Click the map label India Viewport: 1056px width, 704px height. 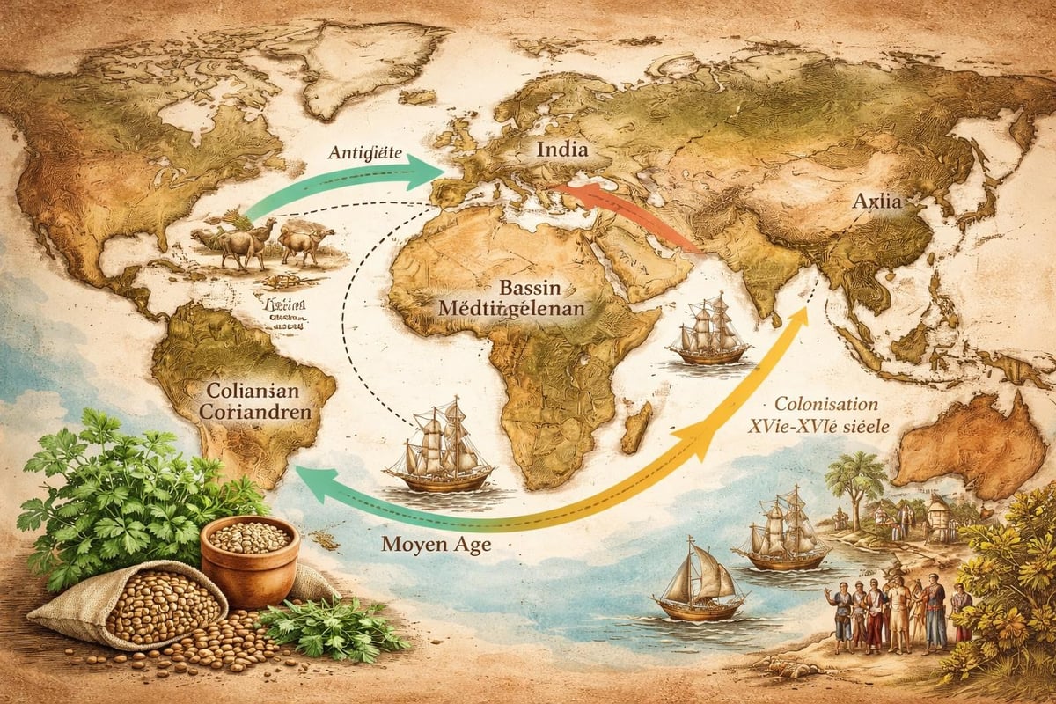click(563, 150)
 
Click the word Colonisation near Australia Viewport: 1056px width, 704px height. click(825, 405)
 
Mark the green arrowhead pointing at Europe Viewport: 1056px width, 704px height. click(435, 170)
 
